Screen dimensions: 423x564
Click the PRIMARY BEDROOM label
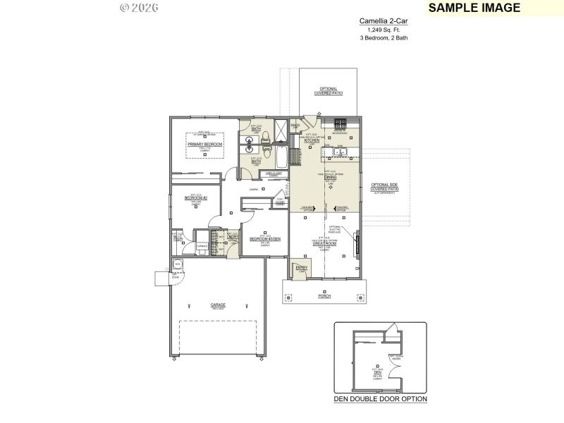[x=204, y=144]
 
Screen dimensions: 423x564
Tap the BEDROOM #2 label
[x=195, y=198]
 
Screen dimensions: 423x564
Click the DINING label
[x=330, y=177]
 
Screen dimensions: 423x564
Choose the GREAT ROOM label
[x=325, y=243]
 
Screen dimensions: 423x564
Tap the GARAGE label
[x=218, y=305]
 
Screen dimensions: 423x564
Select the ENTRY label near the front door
[x=302, y=268]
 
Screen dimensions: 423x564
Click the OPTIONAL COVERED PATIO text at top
[x=329, y=91]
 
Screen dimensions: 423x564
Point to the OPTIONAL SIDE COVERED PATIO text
[x=385, y=188]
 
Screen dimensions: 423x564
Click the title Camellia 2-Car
[x=383, y=21]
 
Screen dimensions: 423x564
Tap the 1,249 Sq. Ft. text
[x=383, y=30]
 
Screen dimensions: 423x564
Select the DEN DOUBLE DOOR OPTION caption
[x=380, y=399]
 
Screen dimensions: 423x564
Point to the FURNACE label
[x=202, y=245]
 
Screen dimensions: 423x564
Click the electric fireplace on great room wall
[x=356, y=244]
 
